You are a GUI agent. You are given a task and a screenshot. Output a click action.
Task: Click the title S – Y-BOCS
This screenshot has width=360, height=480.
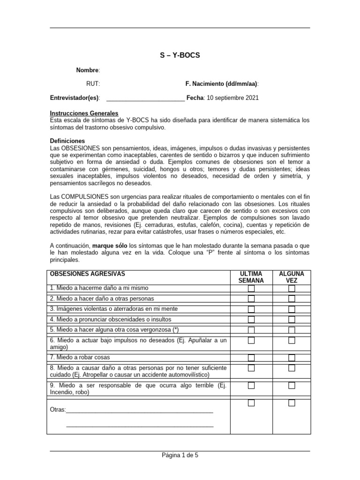point(180,55)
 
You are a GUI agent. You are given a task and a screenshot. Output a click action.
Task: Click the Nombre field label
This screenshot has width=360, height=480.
point(88,70)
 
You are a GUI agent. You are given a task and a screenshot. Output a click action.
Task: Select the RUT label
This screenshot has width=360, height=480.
point(93,84)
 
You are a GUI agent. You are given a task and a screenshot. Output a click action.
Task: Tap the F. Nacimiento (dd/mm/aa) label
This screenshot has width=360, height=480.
point(222,84)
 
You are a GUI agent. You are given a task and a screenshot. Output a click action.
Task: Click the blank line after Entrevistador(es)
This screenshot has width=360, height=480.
point(145,98)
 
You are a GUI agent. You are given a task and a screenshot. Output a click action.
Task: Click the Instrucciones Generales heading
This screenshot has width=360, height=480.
point(84,113)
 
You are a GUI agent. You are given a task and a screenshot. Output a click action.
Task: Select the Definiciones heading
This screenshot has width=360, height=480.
point(67,141)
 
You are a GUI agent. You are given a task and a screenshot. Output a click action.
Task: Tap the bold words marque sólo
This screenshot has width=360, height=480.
point(110,246)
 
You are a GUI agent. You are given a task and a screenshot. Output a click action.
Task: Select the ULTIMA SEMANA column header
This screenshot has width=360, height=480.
point(251,277)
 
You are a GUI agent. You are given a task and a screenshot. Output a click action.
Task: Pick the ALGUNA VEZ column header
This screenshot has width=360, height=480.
point(292,277)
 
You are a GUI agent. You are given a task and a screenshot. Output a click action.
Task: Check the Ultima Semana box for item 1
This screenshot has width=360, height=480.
point(251,288)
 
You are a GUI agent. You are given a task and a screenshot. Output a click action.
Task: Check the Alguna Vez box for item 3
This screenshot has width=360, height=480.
point(292,309)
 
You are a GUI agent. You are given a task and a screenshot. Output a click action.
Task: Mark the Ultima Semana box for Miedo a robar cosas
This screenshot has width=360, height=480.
point(251,358)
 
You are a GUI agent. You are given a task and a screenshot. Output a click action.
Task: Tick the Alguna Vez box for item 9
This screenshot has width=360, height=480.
point(292,386)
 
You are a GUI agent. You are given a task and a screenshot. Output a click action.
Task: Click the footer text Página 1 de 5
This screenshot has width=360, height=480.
point(180,455)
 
